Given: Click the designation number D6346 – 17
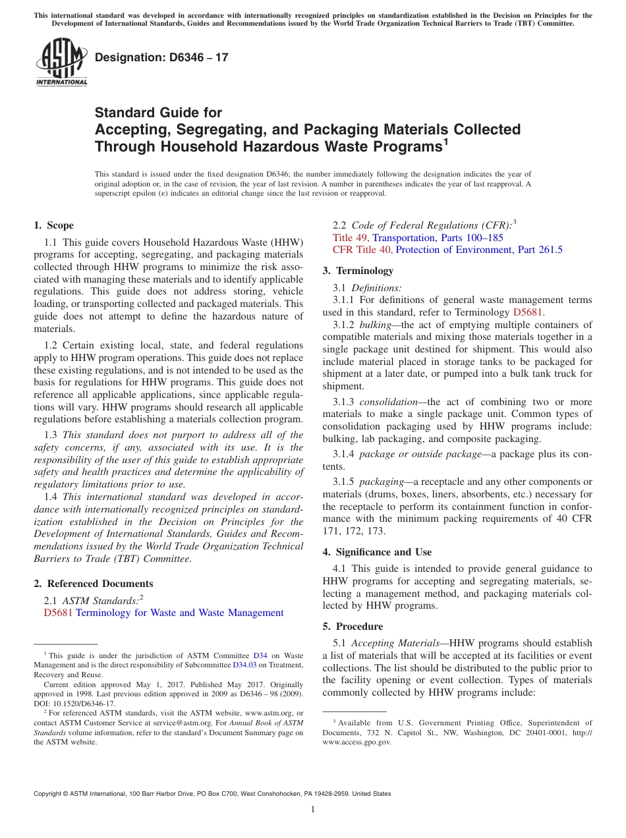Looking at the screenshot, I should pos(161,57).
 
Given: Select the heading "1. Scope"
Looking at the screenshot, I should pos(54,225).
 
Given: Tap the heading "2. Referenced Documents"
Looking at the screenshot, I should pos(94,584).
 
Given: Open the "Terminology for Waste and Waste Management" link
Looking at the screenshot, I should pos(179,613).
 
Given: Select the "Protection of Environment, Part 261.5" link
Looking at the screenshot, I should pos(479,250).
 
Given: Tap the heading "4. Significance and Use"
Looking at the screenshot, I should pos(377,552).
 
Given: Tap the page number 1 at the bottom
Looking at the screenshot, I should pos(313,810).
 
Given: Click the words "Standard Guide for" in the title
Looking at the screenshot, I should pos(158,113).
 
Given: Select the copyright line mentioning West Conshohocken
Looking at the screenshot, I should pos(212,794).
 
